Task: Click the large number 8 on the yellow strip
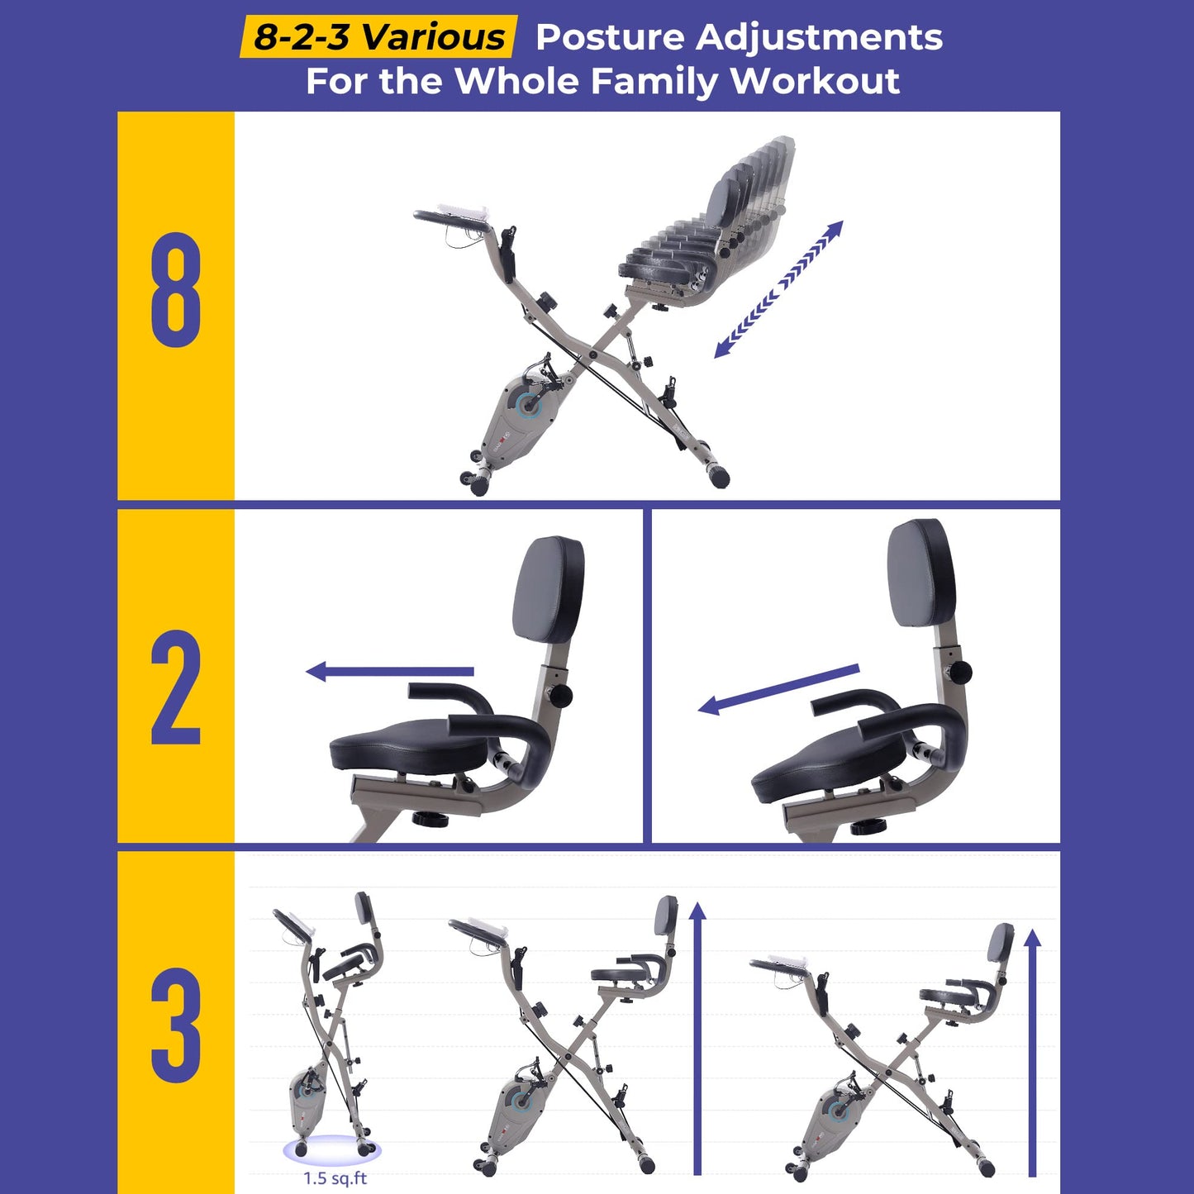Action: point(176,289)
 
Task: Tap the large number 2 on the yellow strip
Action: point(176,687)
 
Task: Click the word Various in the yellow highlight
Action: point(433,37)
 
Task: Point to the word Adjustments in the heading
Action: point(819,38)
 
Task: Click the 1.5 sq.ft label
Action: point(335,1177)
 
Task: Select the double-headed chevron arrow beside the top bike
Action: point(778,289)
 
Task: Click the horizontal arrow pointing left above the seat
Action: point(390,671)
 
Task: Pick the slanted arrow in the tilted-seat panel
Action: point(779,689)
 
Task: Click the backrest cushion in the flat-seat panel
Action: point(549,588)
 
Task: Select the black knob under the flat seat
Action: point(430,819)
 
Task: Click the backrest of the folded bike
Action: point(364,908)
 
